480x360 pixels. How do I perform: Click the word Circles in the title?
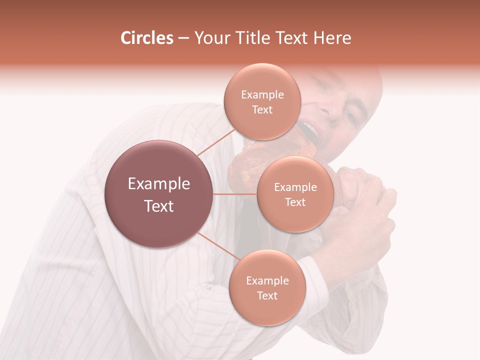tap(147, 38)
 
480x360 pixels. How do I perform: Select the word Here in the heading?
tap(332, 38)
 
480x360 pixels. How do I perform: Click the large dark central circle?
tap(159, 194)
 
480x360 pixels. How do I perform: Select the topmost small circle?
tap(262, 101)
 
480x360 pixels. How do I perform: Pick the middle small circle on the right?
tap(295, 194)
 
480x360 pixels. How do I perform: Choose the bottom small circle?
tap(267, 287)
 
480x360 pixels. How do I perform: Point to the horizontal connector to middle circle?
tap(235, 194)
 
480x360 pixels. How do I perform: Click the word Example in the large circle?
tap(159, 184)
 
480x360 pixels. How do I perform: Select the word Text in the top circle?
tap(262, 109)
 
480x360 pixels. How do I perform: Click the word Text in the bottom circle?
tap(267, 295)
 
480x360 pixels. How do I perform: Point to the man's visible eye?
tap(350, 116)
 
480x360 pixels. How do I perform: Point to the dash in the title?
tap(183, 38)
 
